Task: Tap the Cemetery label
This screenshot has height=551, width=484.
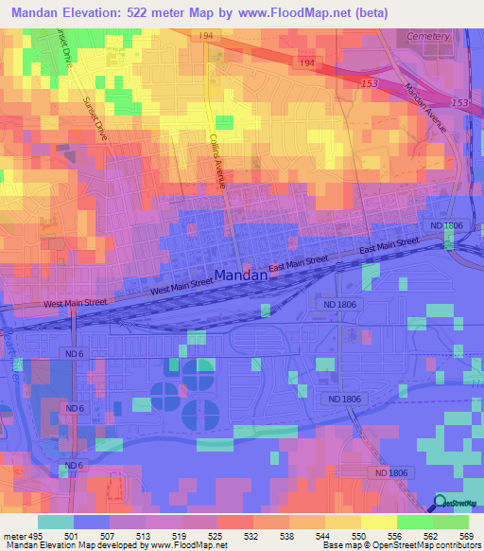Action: tap(426, 36)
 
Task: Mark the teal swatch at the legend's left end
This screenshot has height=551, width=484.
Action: tap(56, 522)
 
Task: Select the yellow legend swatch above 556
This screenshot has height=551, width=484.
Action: tap(378, 522)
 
